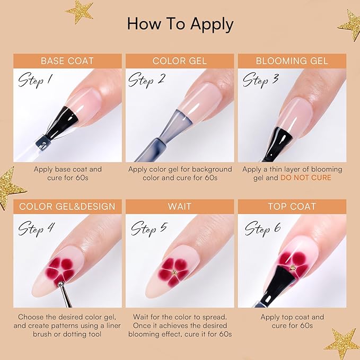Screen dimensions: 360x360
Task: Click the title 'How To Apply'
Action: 180,24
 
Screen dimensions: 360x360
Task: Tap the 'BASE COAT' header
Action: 67,60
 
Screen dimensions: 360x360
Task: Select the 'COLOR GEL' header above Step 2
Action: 180,60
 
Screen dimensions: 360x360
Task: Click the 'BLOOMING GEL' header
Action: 292,60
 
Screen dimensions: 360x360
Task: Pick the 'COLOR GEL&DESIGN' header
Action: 67,206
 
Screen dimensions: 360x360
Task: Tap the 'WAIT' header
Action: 180,206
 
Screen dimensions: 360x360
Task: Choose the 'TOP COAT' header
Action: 292,206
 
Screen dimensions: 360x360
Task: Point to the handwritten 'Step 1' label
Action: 37,81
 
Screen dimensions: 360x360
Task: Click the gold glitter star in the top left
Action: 78,12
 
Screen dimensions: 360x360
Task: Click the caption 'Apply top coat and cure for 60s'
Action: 292,321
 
